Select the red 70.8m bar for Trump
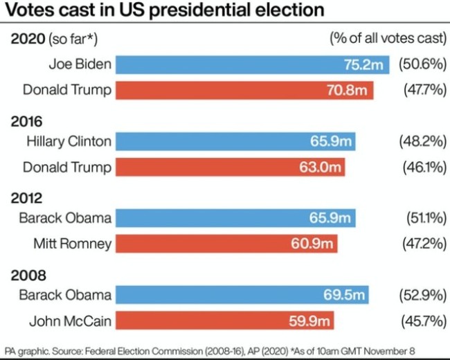[x=244, y=90]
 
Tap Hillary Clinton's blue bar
[x=235, y=141]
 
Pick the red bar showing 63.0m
[x=230, y=167]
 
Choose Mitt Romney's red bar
[x=226, y=243]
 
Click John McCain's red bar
[x=224, y=321]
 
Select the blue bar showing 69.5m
[x=242, y=295]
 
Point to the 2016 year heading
[x=26, y=121]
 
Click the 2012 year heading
[x=26, y=198]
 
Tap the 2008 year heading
[x=26, y=275]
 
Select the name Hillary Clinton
[x=69, y=141]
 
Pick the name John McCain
[x=70, y=321]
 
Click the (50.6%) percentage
[x=422, y=64]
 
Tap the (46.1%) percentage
[x=423, y=167]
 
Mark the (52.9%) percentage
[x=422, y=295]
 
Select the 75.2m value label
[x=363, y=65]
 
